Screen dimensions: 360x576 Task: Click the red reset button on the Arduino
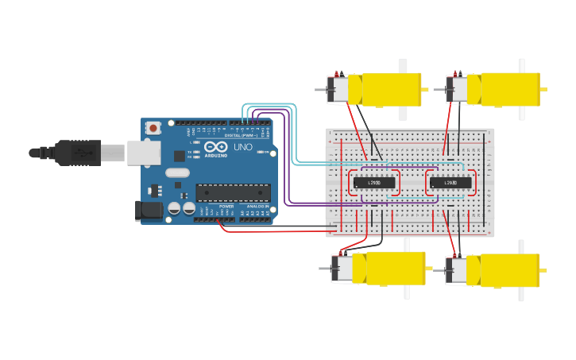153,127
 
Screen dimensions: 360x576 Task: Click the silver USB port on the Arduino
144,153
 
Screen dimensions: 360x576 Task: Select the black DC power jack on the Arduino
149,210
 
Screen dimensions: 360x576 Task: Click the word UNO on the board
242,147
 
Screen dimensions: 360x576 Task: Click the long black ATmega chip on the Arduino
233,192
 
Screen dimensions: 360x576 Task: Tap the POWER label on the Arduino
226,207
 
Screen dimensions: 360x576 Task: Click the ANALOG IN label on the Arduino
257,207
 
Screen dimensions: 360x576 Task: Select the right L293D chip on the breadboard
450,183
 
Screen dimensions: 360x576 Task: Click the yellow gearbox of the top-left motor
385,89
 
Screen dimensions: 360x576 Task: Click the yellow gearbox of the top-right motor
504,88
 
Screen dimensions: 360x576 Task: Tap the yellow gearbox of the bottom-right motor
504,270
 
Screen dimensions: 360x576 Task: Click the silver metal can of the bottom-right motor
457,271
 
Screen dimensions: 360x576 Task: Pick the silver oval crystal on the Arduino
178,172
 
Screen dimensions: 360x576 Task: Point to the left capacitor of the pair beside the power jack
175,209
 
